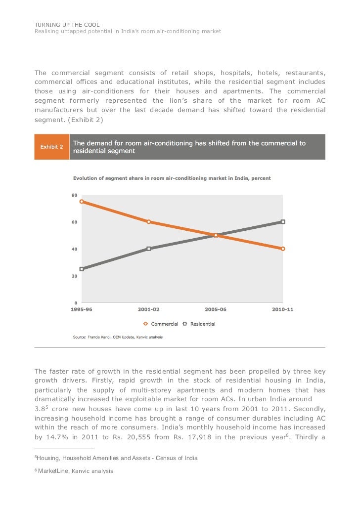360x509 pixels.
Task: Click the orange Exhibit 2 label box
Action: coord(51,147)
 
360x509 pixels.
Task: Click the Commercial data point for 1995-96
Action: coord(82,202)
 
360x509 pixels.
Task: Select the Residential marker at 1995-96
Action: coord(82,269)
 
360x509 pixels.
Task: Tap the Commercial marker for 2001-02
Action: coord(148,222)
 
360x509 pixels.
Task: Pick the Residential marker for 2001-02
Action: coord(148,249)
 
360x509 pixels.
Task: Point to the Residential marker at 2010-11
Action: coord(283,222)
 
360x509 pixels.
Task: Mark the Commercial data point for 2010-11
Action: coord(283,249)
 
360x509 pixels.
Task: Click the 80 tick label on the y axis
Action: coord(74,196)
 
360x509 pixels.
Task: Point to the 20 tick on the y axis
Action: coord(74,276)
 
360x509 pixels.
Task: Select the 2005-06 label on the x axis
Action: coord(216,310)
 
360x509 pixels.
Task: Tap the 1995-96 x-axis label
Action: coord(82,310)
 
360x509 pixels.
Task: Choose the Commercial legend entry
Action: coord(161,324)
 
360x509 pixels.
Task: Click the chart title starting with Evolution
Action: coord(172,178)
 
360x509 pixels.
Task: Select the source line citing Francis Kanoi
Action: coord(118,337)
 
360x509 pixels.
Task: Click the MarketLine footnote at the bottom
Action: coord(74,471)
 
